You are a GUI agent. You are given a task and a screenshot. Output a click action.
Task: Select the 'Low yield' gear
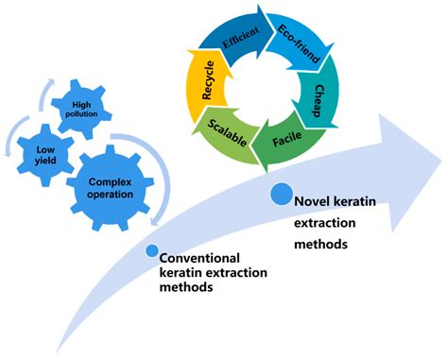[40, 157]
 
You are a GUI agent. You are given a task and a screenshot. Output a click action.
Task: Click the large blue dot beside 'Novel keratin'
[282, 196]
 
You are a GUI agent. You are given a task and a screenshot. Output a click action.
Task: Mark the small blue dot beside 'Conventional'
[151, 250]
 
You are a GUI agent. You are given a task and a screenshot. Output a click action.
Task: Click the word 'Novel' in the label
[311, 202]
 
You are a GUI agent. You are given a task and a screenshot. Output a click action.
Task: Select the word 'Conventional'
[199, 257]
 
